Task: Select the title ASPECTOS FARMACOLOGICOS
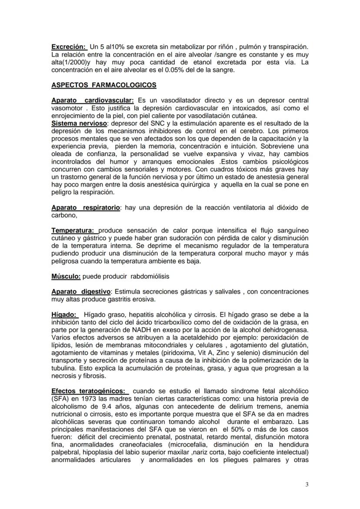tap(104, 85)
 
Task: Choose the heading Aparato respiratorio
tap(85, 208)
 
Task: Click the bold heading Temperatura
tap(73, 230)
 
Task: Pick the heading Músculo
tap(66, 276)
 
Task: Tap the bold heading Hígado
tap(63, 314)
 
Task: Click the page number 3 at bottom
tap(307, 485)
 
